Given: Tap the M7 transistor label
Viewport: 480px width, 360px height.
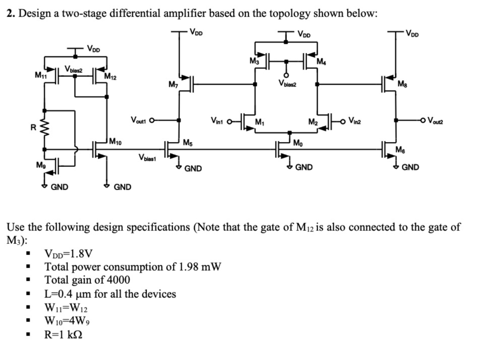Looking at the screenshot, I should pyautogui.click(x=173, y=84).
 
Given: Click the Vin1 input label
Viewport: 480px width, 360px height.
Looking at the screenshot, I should pyautogui.click(x=218, y=123).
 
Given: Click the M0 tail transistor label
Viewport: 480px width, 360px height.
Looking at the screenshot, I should pyautogui.click(x=299, y=142).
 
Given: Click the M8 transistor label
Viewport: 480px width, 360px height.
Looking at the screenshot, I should pyautogui.click(x=402, y=84).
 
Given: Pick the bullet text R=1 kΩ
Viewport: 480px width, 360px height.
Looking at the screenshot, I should pyautogui.click(x=65, y=335).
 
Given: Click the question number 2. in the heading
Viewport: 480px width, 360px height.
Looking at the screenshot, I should pyautogui.click(x=11, y=13).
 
